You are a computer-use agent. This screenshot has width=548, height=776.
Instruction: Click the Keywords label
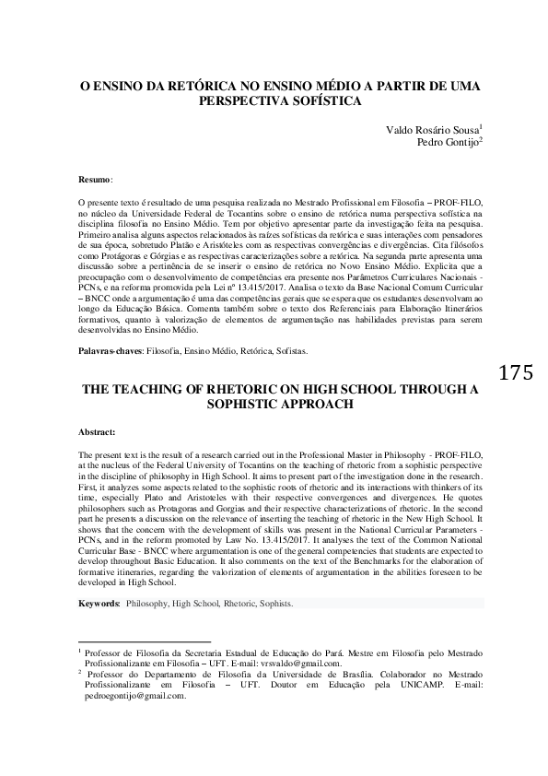pos(99,605)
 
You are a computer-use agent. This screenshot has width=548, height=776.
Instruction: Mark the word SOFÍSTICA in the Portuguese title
pos(320,101)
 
